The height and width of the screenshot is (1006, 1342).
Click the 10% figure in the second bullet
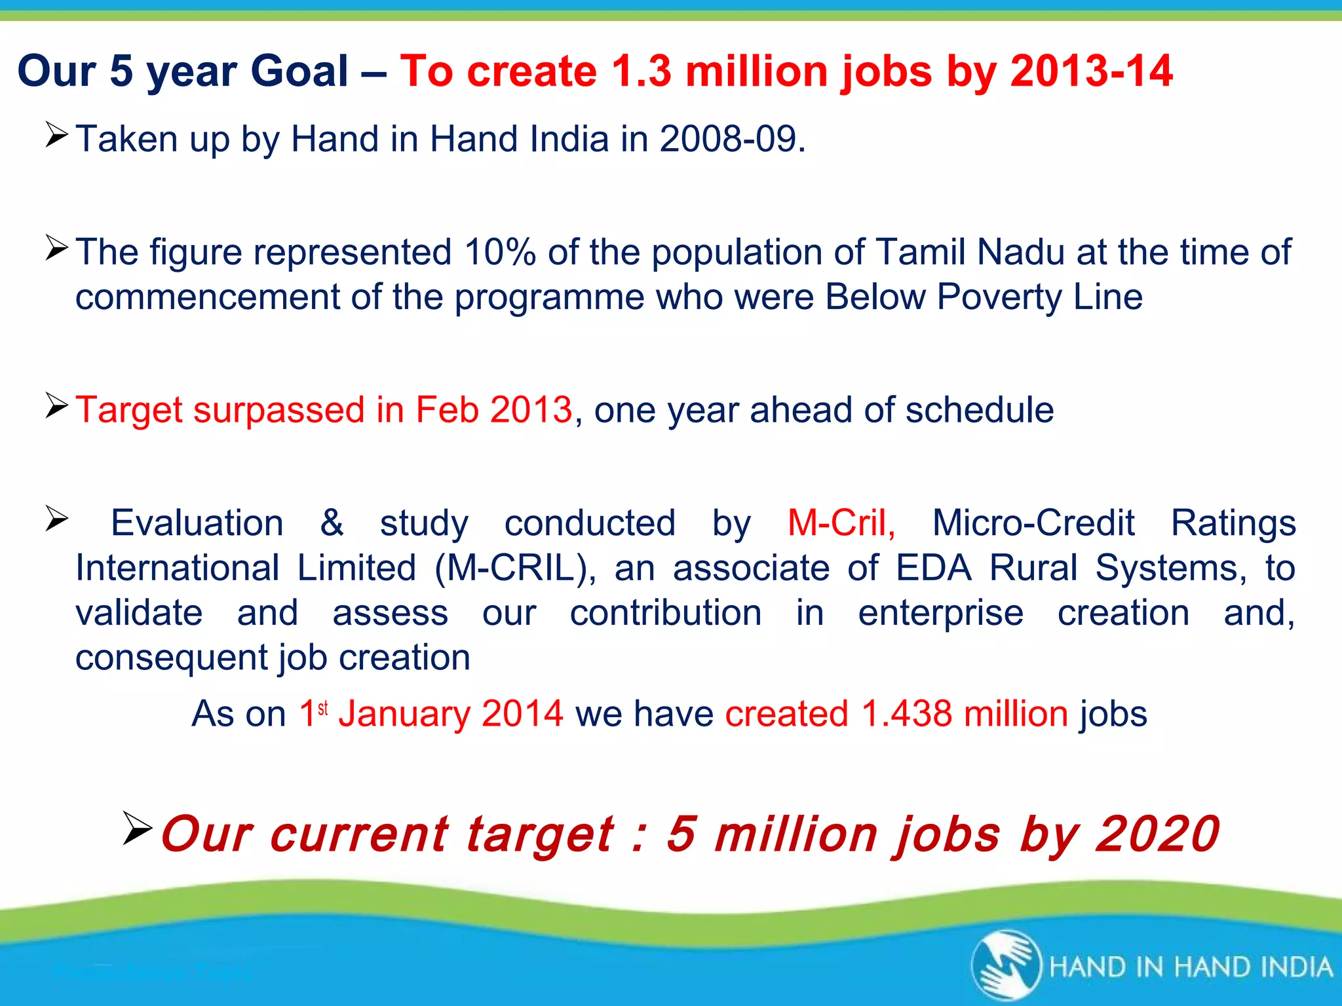[501, 252]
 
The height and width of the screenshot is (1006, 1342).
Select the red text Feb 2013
[493, 410]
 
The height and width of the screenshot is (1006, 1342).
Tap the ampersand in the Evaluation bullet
[332, 523]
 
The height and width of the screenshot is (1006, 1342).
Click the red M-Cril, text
[841, 523]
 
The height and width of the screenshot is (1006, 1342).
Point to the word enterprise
[940, 613]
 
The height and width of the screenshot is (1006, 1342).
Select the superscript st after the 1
[322, 707]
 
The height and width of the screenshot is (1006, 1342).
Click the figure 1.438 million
[964, 714]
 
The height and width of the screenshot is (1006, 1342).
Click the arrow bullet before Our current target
[137, 828]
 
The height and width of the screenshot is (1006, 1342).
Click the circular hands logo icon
[1006, 965]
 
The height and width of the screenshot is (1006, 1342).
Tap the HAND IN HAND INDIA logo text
[1191, 967]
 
